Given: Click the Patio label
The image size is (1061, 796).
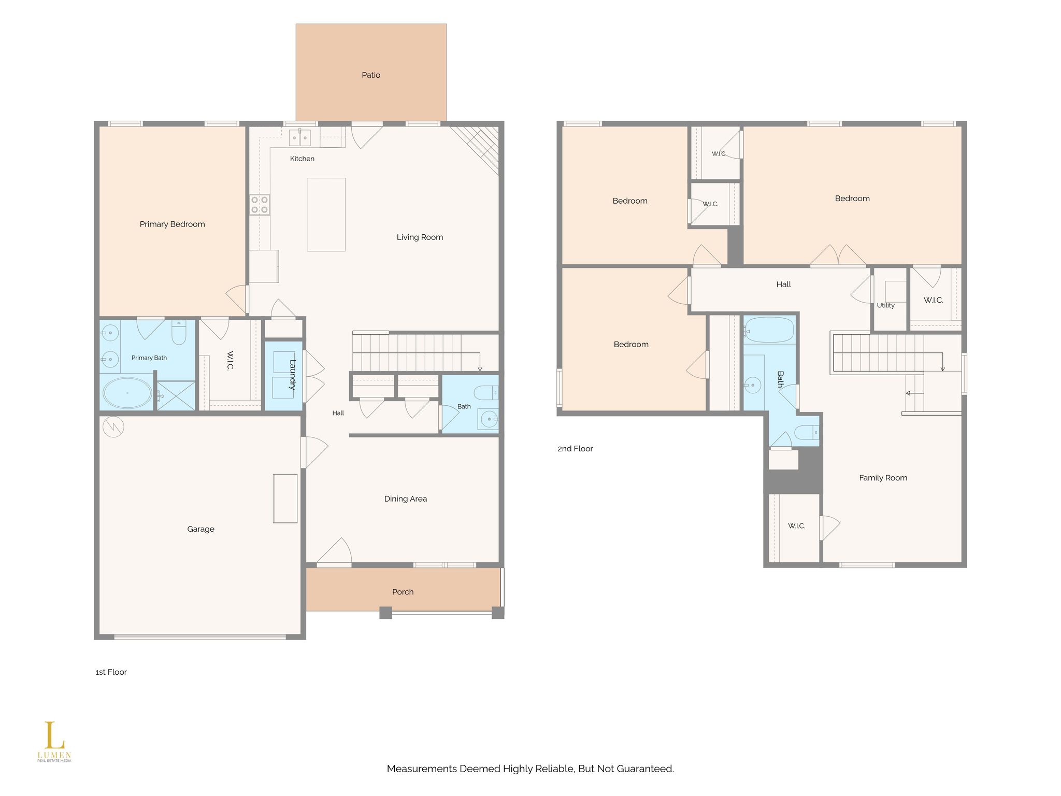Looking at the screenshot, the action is click(371, 75).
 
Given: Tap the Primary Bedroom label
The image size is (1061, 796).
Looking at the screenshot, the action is click(172, 224).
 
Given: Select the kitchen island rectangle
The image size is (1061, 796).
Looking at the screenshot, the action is click(326, 215).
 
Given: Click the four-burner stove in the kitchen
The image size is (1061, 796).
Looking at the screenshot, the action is click(260, 205).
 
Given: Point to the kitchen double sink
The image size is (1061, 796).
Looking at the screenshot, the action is click(299, 137).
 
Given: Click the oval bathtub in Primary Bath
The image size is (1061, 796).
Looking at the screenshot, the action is click(127, 392).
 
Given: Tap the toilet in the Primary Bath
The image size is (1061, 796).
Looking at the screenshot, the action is click(179, 333).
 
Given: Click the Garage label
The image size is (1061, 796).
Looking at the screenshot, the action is click(200, 529).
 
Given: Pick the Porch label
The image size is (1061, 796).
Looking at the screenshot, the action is click(403, 592).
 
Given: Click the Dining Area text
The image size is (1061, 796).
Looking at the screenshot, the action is click(406, 499).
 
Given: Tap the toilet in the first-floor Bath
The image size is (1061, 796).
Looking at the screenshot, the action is click(486, 393).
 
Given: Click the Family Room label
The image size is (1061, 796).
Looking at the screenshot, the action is click(883, 478).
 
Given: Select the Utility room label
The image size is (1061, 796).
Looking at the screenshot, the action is click(886, 305).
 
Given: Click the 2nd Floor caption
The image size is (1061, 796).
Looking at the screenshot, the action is click(575, 449).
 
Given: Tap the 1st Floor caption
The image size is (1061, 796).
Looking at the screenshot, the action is click(111, 672).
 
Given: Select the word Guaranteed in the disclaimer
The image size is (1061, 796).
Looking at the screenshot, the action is click(645, 769).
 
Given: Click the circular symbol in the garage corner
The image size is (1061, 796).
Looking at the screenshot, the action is click(114, 427).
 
